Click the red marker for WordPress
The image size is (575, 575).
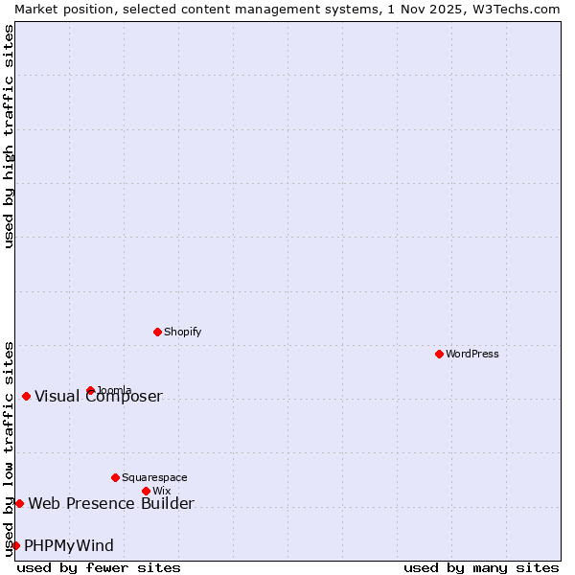coord(439,354)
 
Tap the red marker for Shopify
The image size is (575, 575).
coord(157,332)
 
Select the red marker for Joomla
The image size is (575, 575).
coord(90,390)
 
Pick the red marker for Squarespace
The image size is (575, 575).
coord(115,477)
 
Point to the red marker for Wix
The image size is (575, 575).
coord(146,491)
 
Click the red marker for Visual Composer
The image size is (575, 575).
coord(26,396)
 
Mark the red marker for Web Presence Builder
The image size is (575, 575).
coord(19,503)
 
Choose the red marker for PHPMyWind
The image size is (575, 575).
coord(15,545)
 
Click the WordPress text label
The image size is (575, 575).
coord(472,354)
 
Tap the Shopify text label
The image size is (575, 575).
coord(183,332)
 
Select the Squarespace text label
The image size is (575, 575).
coord(154,477)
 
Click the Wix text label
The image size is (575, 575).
coord(161,491)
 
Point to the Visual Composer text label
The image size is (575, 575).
coord(99,397)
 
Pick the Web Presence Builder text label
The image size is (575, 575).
coord(111,504)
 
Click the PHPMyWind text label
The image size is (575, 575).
coord(69,546)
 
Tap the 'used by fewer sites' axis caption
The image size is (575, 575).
coord(99,567)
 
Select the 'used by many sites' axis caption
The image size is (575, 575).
coord(481,567)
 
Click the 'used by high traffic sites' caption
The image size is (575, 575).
coord(9,136)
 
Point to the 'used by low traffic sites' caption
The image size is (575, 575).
coord(9,448)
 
